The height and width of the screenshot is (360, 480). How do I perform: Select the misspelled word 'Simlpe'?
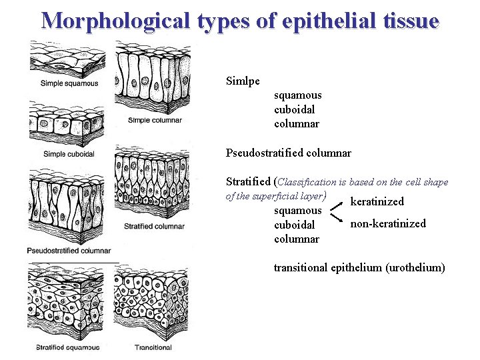(x=243, y=81)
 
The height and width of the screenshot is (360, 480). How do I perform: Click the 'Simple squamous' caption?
(x=69, y=83)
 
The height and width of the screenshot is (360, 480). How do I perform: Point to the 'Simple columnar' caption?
(x=155, y=120)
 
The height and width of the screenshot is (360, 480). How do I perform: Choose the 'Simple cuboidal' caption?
(x=69, y=154)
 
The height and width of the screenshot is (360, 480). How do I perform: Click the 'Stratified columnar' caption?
(x=154, y=226)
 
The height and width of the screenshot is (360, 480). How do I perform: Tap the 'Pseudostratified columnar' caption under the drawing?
(x=69, y=250)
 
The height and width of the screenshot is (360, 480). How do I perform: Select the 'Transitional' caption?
(x=153, y=347)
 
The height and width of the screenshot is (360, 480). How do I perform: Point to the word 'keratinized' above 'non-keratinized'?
(x=377, y=201)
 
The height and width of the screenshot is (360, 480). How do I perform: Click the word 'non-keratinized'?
(x=388, y=223)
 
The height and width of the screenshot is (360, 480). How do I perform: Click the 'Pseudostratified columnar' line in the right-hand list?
(x=289, y=153)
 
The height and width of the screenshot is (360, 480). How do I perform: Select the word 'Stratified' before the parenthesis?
(x=249, y=181)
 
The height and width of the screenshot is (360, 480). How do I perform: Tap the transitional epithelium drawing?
(x=152, y=303)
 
